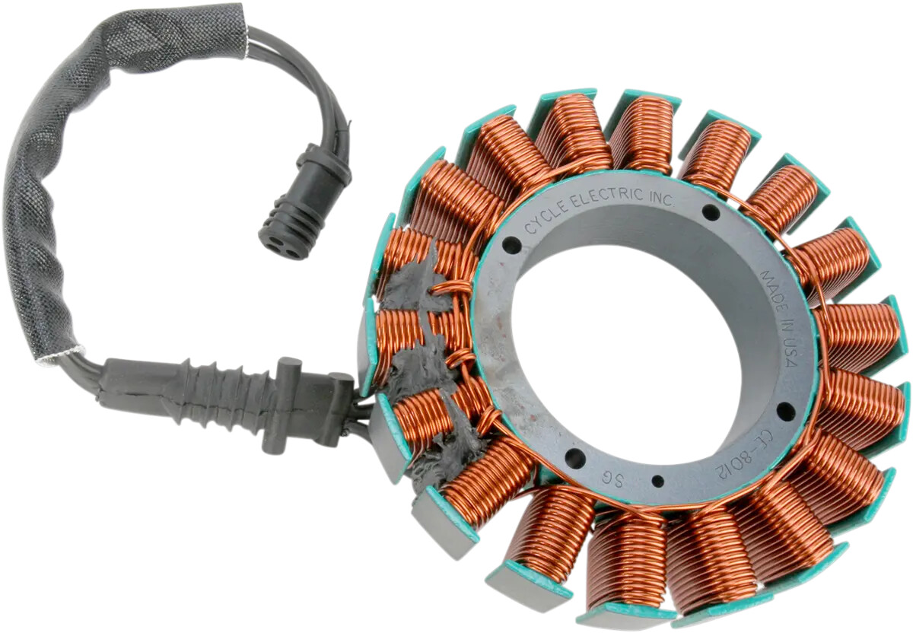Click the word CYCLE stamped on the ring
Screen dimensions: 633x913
[545, 218]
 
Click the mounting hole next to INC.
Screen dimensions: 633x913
[711, 212]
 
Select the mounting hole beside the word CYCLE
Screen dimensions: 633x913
[512, 247]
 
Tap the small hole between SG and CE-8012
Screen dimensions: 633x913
[657, 481]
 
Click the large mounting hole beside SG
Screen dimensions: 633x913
[575, 459]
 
